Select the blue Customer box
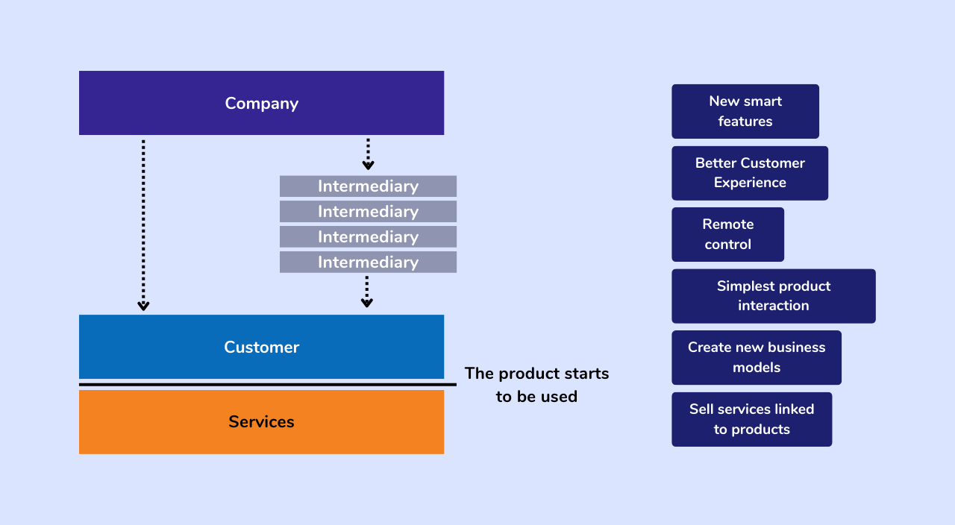coord(149,347)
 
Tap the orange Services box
coord(149,422)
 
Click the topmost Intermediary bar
coord(368,186)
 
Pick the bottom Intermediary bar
coord(368,262)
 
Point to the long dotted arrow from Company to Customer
coord(143,224)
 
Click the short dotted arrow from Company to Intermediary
coord(368,154)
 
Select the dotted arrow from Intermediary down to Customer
coord(366,292)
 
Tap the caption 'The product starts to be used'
coord(536,385)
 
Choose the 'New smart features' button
coord(745,111)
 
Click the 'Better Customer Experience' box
coord(749,173)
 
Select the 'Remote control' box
coord(727,234)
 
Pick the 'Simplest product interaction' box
coord(773,296)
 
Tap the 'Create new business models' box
coord(756,357)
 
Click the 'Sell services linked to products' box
coord(751,419)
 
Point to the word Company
coord(261,104)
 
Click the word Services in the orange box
coord(261,422)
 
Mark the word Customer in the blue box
coord(261,348)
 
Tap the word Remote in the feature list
coord(727,224)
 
